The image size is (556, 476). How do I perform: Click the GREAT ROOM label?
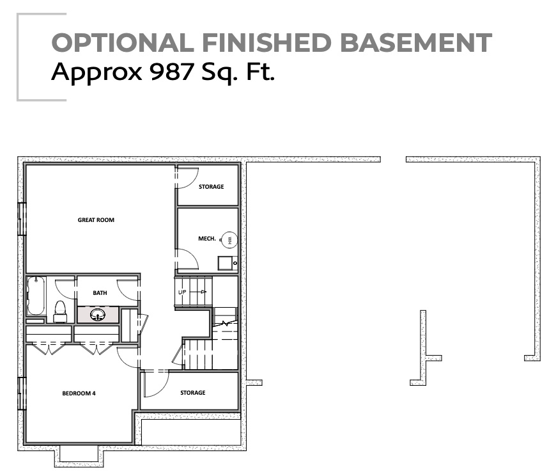pyautogui.click(x=96, y=220)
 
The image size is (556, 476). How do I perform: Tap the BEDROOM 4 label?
pyautogui.click(x=79, y=393)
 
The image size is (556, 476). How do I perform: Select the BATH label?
pyautogui.click(x=100, y=293)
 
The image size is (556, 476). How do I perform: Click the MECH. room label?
pyautogui.click(x=206, y=239)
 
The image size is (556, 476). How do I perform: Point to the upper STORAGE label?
pyautogui.click(x=211, y=187)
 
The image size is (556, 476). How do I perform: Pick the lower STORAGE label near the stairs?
pyautogui.click(x=192, y=393)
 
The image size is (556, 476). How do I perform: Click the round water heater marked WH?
pyautogui.click(x=229, y=240)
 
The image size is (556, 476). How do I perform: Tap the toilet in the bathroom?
pyautogui.click(x=60, y=312)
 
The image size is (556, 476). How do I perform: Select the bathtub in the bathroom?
pyautogui.click(x=36, y=296)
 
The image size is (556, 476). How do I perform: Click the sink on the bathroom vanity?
pyautogui.click(x=98, y=315)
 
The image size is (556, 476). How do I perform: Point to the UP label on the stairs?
pyautogui.click(x=182, y=292)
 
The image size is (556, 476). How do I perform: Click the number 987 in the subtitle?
pyautogui.click(x=171, y=72)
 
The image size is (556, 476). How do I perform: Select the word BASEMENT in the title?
pyautogui.click(x=415, y=43)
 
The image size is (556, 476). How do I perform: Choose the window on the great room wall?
pyautogui.click(x=21, y=219)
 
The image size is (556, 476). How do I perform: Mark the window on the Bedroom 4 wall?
pyautogui.click(x=21, y=393)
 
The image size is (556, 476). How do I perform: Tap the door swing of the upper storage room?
pyautogui.click(x=187, y=178)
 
